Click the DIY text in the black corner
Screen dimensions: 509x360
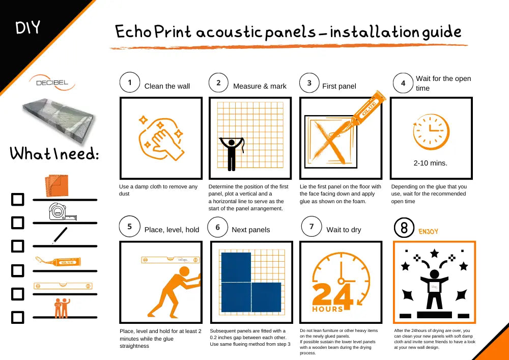point(27,27)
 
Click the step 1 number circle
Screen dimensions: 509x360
point(129,82)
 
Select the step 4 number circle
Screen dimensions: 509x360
point(403,83)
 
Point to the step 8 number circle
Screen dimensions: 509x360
point(404,228)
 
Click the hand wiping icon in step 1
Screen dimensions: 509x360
point(161,139)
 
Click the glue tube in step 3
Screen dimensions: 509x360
point(369,109)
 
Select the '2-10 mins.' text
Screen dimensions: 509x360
point(431,163)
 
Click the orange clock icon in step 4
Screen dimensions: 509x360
point(431,132)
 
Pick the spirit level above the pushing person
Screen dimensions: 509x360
point(170,260)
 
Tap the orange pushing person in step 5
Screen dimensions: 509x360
point(174,291)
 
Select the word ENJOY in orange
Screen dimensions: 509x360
point(428,232)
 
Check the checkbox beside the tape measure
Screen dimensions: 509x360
point(17,223)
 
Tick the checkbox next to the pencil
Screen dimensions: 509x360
point(17,246)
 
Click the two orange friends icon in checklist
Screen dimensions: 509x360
point(62,308)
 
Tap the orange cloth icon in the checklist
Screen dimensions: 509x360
point(57,186)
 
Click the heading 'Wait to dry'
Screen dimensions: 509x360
point(344,230)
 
